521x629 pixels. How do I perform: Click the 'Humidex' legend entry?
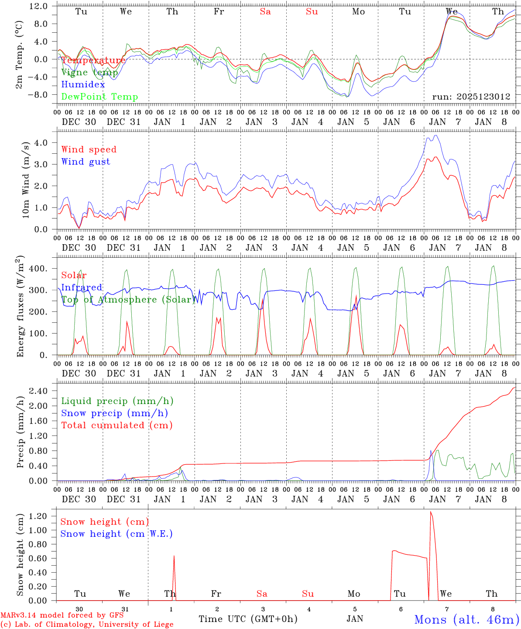[83, 85]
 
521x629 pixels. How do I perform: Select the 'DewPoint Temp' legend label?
[99, 97]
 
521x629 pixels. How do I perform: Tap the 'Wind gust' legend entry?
[86, 162]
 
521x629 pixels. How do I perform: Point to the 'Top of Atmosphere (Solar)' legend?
[128, 300]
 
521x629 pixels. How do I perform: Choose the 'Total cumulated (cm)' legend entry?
[117, 425]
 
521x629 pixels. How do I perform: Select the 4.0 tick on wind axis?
[45, 143]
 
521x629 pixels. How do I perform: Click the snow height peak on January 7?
[431, 511]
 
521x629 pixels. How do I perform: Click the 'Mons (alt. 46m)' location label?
[466, 620]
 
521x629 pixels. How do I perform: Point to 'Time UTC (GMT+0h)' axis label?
[248, 619]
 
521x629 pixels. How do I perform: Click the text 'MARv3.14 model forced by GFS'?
[62, 615]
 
